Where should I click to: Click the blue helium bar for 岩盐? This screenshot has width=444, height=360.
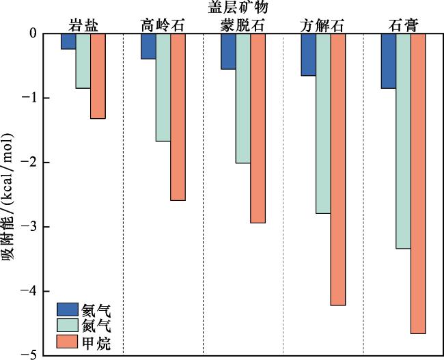click(x=68, y=41)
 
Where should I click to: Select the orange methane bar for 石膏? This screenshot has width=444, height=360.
click(x=418, y=183)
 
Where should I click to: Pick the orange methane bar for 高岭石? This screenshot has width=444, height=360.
click(x=178, y=116)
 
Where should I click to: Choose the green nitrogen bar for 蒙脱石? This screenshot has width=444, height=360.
click(x=242, y=98)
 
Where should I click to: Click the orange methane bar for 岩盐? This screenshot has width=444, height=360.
click(x=98, y=75)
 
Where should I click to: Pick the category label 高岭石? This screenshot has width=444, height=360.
click(x=163, y=25)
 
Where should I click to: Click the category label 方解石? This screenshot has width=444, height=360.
click(x=322, y=25)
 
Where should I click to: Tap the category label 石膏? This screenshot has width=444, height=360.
click(x=403, y=25)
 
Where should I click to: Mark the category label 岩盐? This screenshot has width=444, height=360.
click(x=83, y=25)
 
